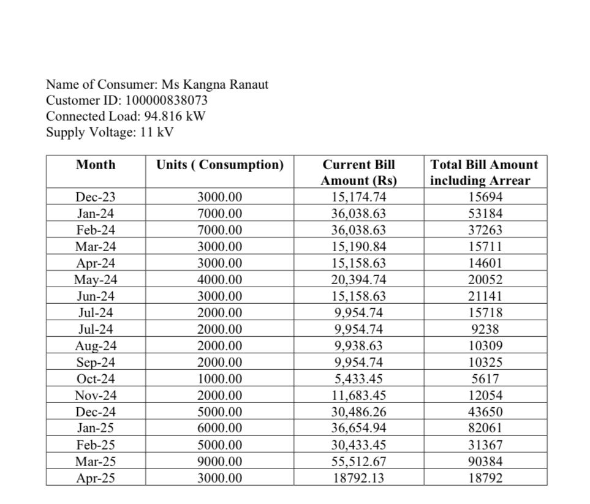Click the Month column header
(96, 165)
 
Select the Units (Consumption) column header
(220, 165)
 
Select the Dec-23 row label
(96, 197)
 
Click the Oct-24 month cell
(96, 379)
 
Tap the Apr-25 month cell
(96, 478)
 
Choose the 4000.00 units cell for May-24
(220, 280)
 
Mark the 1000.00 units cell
(220, 379)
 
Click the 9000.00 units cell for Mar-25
(220, 461)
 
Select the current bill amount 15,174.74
(359, 197)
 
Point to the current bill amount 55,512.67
(359, 461)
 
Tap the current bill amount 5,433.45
(359, 379)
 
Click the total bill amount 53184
(484, 214)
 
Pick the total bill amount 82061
(484, 428)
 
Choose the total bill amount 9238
(484, 329)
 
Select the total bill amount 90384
(484, 461)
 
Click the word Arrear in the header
(510, 181)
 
